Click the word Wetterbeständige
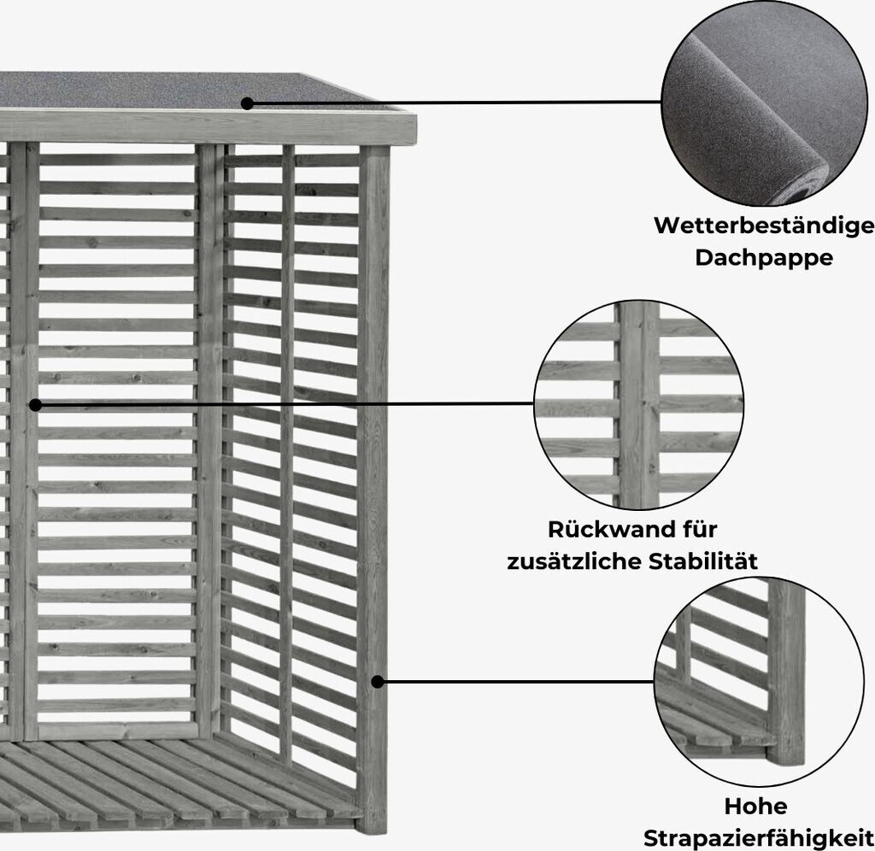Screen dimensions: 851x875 pyautogui.click(x=764, y=226)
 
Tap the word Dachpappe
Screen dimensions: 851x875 pyautogui.click(x=764, y=257)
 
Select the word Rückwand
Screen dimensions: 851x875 pyautogui.click(x=602, y=530)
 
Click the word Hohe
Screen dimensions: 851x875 pyautogui.click(x=755, y=807)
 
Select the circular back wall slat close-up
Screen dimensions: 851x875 pyautogui.click(x=639, y=404)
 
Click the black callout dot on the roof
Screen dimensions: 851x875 pyautogui.click(x=247, y=103)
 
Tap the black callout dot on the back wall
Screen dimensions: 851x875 pyautogui.click(x=35, y=404)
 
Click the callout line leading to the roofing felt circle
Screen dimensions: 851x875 pyautogui.click(x=453, y=103)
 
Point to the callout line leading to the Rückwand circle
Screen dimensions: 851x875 pyautogui.click(x=282, y=403)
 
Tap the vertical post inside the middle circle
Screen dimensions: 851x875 pyautogui.click(x=639, y=404)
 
